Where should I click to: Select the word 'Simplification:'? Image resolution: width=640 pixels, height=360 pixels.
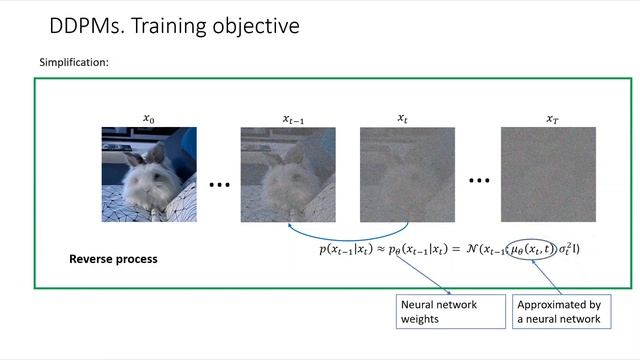pos(74,63)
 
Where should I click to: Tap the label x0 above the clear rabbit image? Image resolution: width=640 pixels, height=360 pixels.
pos(149,118)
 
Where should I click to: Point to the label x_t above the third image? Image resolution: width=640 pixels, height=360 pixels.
pos(403,118)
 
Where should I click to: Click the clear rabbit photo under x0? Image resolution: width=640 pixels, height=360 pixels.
pos(149,175)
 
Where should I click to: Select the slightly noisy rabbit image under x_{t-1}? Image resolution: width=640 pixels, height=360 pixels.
pos(288,175)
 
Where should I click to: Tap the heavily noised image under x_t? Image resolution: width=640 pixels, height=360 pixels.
pos(407,175)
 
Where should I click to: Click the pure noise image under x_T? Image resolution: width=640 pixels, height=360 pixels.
pos(548,175)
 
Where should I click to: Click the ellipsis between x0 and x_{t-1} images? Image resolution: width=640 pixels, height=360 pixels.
pos(220,185)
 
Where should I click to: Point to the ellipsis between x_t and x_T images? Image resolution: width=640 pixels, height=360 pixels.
pos(480,181)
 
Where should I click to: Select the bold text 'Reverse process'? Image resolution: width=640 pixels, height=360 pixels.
pos(113,259)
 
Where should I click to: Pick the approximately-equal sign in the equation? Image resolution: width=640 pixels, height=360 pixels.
pos(383,247)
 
